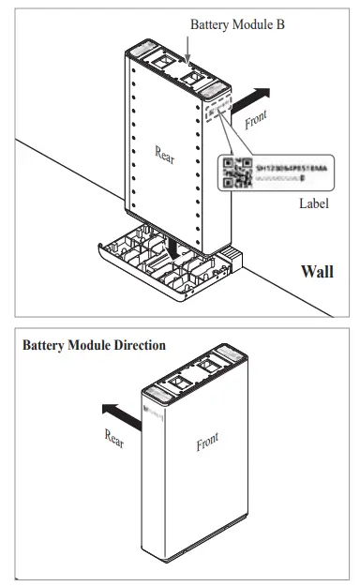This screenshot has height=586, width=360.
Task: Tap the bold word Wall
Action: (317, 272)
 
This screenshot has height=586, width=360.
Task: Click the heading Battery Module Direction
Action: (94, 345)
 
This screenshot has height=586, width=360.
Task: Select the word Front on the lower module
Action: (208, 442)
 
